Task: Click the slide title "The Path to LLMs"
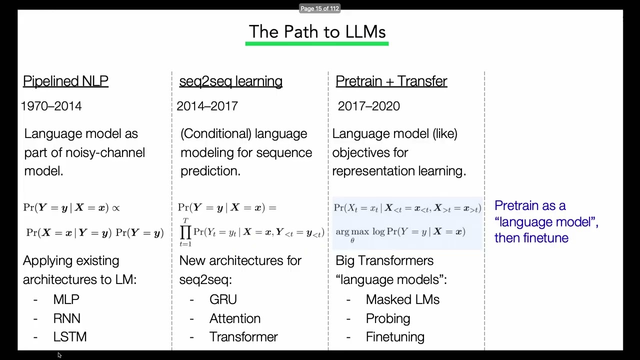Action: point(317,32)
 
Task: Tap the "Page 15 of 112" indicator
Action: point(319,8)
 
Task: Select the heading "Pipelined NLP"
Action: point(65,81)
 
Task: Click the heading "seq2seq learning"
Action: point(230,81)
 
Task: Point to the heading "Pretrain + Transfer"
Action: point(391,81)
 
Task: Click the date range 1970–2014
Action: point(51,106)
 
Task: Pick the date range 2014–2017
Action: point(207,106)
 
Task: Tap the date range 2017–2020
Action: point(368,106)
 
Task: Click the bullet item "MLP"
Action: point(66,299)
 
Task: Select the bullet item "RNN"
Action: point(66,318)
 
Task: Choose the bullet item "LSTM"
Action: point(69,337)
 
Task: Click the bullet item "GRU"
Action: point(223,299)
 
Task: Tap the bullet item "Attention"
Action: point(234,318)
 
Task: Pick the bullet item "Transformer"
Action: point(243,337)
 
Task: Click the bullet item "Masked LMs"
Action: point(402,299)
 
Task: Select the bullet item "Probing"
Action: point(387,318)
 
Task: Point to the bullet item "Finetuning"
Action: point(394,337)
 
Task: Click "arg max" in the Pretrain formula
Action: point(352,232)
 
